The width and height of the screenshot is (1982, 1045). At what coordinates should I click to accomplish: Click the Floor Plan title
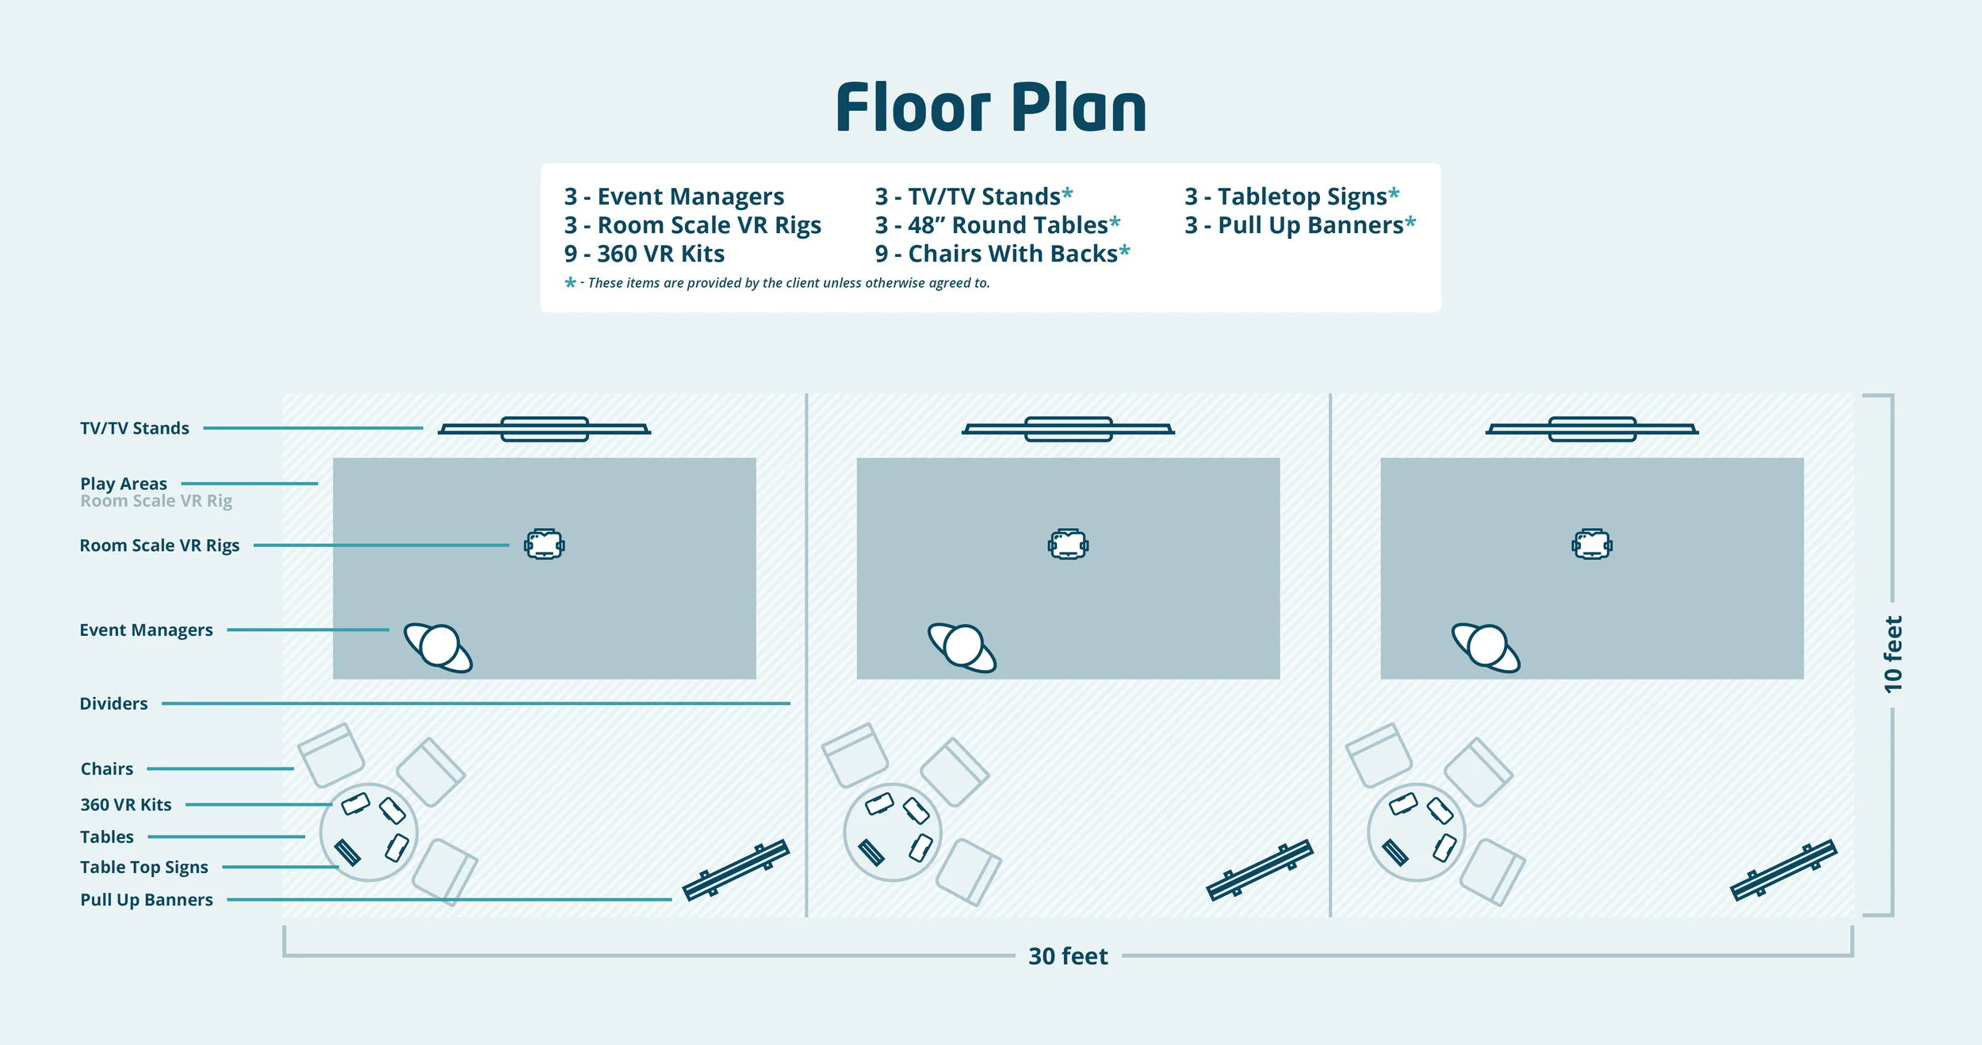(991, 108)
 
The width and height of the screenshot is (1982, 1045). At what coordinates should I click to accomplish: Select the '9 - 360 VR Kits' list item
(644, 254)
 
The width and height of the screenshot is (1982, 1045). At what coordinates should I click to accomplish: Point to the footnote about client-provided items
(777, 283)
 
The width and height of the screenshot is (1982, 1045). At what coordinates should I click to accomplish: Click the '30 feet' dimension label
(1067, 956)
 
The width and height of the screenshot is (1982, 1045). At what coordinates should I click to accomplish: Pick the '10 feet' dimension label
(1892, 654)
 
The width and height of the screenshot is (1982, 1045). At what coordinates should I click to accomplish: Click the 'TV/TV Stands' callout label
(135, 428)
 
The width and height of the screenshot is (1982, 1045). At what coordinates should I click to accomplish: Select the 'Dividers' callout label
(113, 703)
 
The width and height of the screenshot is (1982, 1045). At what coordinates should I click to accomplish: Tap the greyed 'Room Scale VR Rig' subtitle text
(156, 501)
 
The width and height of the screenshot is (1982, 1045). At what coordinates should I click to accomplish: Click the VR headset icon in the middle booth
(1068, 545)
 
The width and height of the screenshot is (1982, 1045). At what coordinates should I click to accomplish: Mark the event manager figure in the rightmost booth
(1486, 647)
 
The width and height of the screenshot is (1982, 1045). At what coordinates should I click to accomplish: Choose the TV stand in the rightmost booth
(1592, 429)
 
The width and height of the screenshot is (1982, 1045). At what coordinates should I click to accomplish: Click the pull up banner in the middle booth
(1259, 870)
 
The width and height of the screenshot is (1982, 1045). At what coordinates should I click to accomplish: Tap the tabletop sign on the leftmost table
(347, 852)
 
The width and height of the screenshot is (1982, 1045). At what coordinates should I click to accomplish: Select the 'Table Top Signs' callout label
(143, 867)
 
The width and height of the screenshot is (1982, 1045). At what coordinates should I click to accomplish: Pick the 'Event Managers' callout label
(146, 630)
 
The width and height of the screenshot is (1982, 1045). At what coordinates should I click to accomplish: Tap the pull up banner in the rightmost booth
(1783, 870)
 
